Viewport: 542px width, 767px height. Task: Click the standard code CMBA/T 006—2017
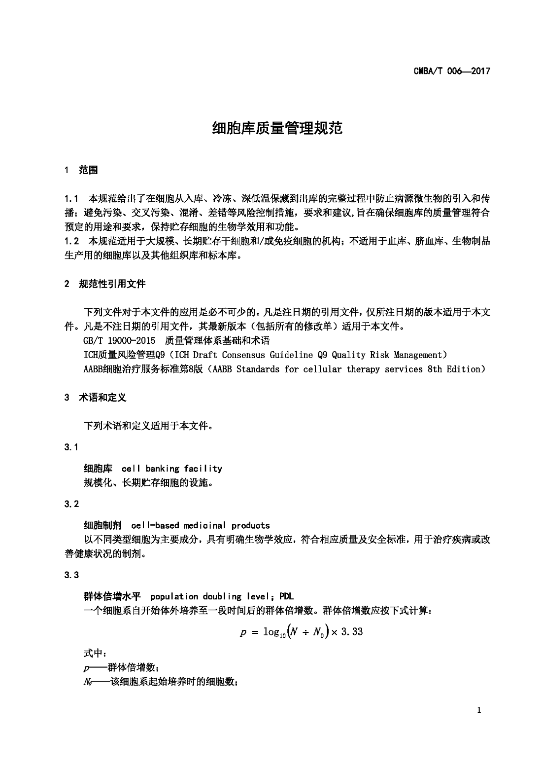pyautogui.click(x=452, y=71)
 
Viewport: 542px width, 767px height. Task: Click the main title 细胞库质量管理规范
pyautogui.click(x=277, y=128)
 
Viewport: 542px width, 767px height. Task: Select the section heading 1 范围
pyautogui.click(x=82, y=171)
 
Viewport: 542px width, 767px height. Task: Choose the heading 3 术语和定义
pyautogui.click(x=96, y=398)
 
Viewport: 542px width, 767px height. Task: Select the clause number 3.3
pyautogui.click(x=71, y=575)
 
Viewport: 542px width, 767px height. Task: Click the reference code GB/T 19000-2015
pyautogui.click(x=119, y=340)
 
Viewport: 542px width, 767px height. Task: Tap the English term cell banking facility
pyautogui.click(x=171, y=469)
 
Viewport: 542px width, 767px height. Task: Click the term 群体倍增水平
pyautogui.click(x=112, y=596)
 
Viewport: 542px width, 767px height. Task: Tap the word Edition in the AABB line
pyautogui.click(x=463, y=369)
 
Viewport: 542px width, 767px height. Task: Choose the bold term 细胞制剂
pyautogui.click(x=103, y=525)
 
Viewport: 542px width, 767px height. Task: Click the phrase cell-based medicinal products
pyautogui.click(x=201, y=525)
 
